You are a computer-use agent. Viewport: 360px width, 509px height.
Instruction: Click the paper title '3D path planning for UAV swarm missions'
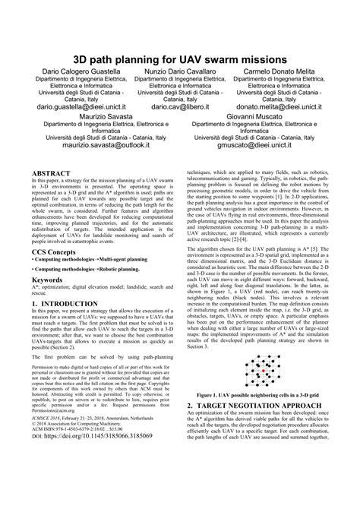point(179,58)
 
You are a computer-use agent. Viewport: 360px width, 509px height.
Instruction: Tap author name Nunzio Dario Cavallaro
point(182,71)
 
